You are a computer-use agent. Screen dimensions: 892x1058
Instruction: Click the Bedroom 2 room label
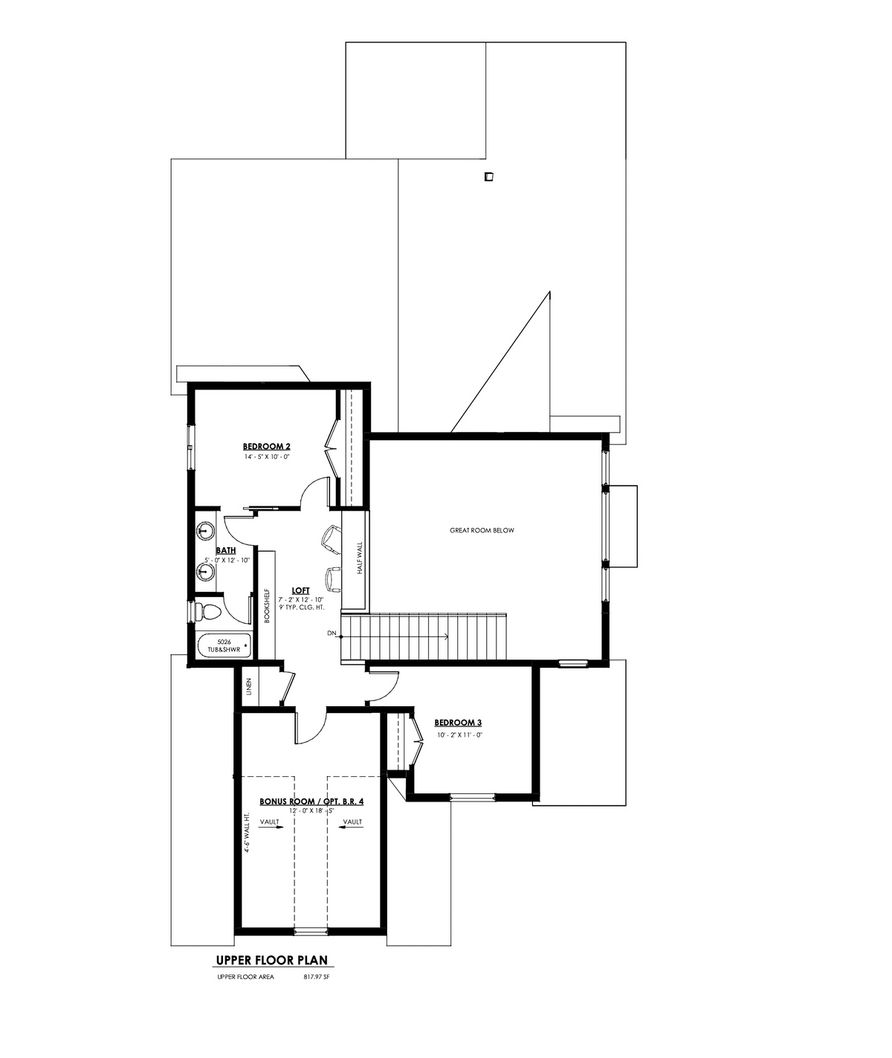point(266,446)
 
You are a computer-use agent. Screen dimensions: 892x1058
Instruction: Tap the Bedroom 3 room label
point(458,723)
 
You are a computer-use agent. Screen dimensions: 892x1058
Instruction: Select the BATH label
point(226,550)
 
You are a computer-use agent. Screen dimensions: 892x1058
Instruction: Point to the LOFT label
point(301,590)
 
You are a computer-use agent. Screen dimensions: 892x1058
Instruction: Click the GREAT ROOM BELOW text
point(482,531)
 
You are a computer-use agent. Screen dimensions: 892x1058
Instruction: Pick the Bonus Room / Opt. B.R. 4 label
point(311,801)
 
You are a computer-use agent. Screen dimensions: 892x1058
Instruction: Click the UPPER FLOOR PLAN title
point(272,960)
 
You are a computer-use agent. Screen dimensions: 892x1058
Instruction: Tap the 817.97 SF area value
point(316,977)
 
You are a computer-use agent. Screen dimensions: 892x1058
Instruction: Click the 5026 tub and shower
point(224,646)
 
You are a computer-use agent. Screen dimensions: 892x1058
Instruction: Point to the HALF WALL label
point(360,558)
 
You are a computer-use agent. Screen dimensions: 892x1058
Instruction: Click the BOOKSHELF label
point(267,605)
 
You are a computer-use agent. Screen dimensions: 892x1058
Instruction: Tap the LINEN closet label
point(249,686)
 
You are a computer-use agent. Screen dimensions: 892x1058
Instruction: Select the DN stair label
point(332,633)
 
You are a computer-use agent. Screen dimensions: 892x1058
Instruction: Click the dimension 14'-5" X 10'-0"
point(266,457)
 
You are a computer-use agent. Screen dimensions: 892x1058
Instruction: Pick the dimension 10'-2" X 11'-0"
point(458,735)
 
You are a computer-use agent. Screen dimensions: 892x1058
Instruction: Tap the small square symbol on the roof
point(489,177)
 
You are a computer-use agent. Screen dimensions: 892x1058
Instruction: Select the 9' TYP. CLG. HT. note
point(301,607)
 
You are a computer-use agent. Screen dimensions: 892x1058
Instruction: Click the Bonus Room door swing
point(314,729)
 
